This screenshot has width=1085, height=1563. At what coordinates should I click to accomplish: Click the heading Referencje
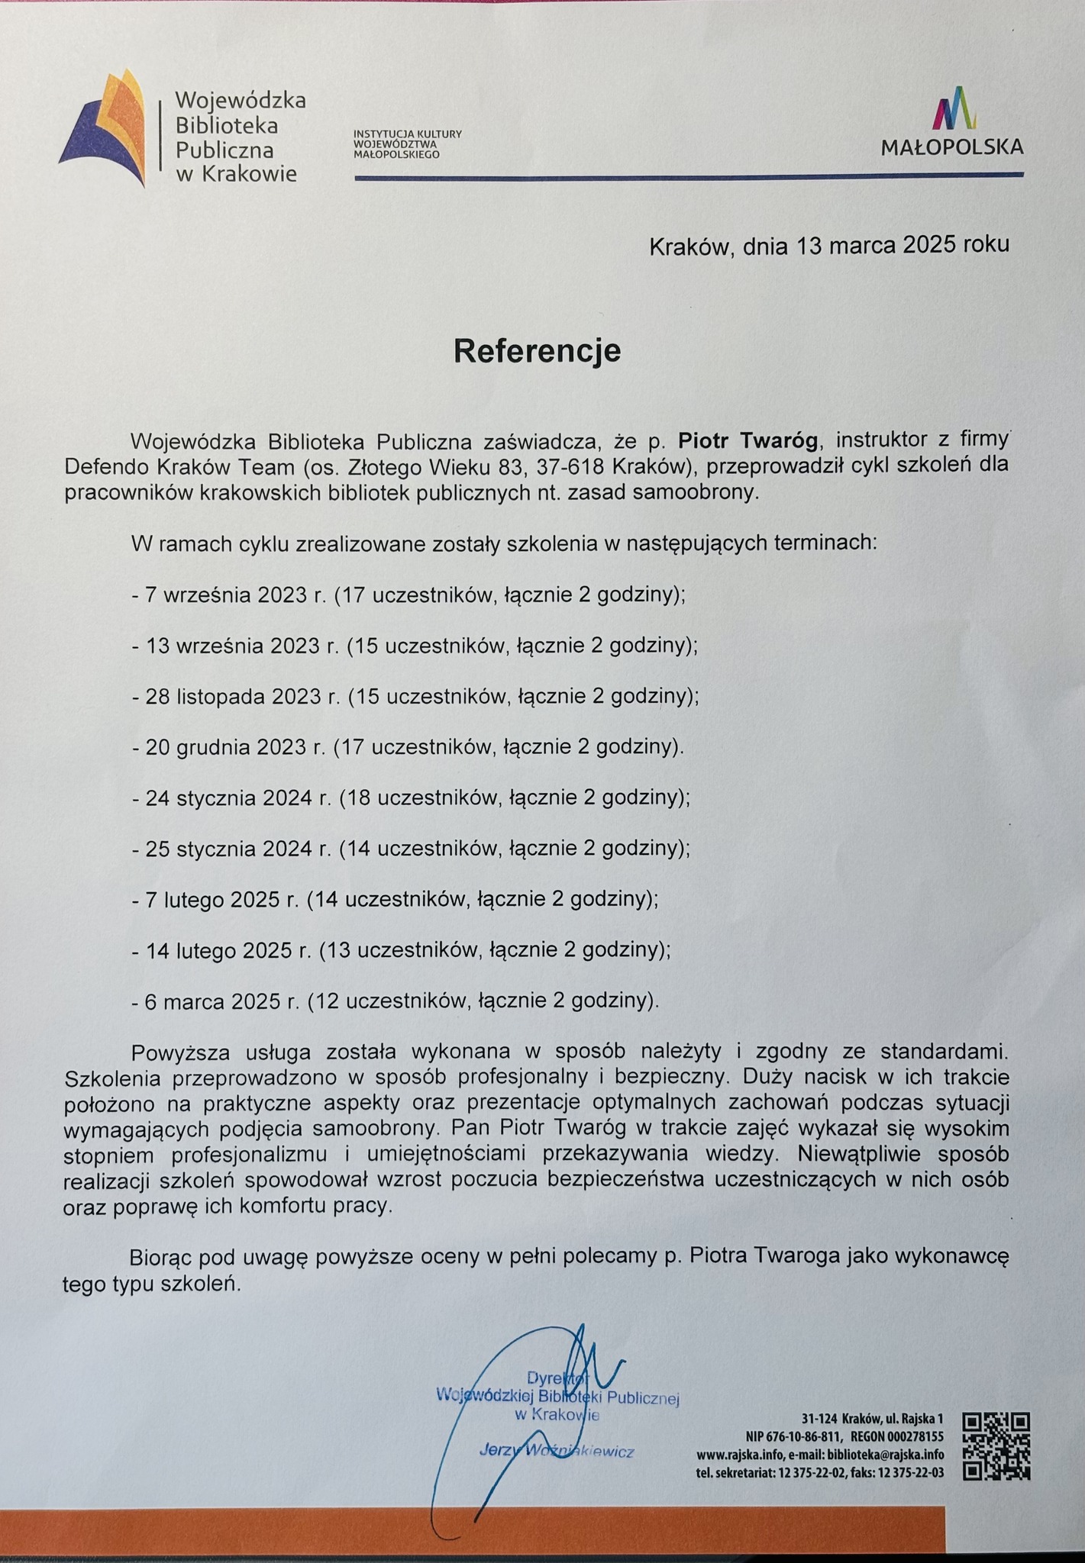[537, 351]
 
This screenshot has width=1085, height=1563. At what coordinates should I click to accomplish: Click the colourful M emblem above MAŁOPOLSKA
[952, 108]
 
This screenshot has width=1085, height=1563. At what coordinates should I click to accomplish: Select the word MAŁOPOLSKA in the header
[952, 147]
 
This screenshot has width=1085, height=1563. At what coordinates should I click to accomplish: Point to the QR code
[996, 1445]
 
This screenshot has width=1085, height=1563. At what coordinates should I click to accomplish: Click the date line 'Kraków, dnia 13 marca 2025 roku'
[828, 246]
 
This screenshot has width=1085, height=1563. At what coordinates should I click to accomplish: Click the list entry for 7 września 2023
[408, 595]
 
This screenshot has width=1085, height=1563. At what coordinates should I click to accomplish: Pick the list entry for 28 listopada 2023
[415, 697]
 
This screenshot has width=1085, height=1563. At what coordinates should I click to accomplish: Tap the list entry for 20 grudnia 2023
[408, 747]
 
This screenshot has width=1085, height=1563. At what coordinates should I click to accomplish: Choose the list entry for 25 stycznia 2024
[411, 849]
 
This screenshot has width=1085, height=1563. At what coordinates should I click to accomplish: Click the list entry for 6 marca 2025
[396, 1001]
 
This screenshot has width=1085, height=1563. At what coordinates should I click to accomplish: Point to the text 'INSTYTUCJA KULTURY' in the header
[408, 134]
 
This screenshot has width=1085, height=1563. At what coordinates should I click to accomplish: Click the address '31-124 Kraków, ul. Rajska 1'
[872, 1419]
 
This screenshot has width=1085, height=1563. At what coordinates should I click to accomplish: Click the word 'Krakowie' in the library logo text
[248, 175]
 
